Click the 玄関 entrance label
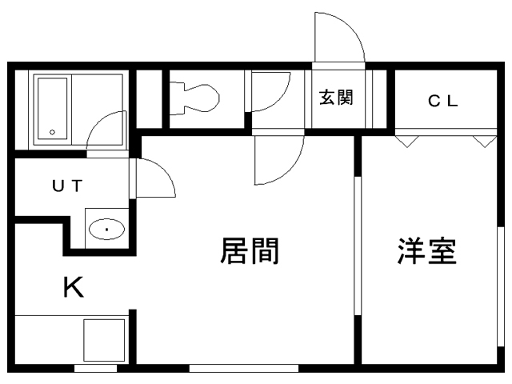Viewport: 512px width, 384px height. tap(336, 97)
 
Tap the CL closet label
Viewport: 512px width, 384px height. tap(443, 101)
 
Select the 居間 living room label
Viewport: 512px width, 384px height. tap(250, 250)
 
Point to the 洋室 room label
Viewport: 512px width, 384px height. tap(426, 250)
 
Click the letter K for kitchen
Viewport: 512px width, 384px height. tap(74, 286)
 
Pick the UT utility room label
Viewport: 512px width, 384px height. tap(67, 186)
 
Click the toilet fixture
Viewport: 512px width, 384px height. tap(194, 98)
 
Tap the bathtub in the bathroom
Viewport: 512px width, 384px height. tap(52, 109)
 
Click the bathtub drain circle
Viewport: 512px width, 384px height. tap(52, 132)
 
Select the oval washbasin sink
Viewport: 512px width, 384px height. tap(106, 229)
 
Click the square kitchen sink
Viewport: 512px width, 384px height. tap(104, 340)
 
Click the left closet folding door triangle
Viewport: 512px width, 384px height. tap(407, 142)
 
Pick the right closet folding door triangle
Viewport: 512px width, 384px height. tap(485, 142)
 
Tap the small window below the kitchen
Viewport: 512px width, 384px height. tap(95, 369)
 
